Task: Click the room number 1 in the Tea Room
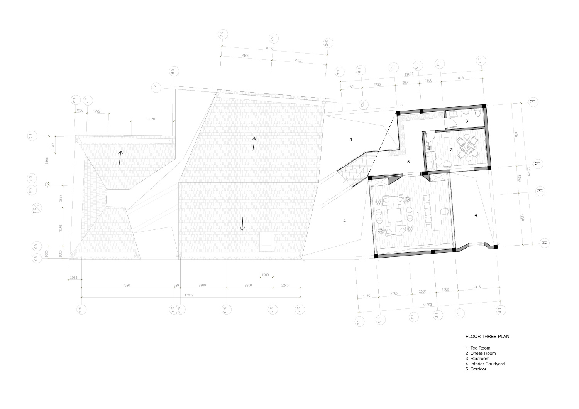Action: (x=418, y=212)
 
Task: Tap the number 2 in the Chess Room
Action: (x=450, y=149)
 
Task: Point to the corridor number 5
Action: (x=408, y=162)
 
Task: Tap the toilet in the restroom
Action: (x=477, y=113)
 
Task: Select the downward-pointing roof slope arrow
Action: (x=242, y=223)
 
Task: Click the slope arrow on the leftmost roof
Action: (x=120, y=157)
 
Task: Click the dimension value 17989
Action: (x=189, y=295)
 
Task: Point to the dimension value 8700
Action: (x=269, y=48)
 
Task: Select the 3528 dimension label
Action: (x=151, y=119)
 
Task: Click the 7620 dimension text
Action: (x=126, y=286)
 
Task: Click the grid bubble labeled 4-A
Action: (x=74, y=101)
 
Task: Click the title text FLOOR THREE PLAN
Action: (x=487, y=336)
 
